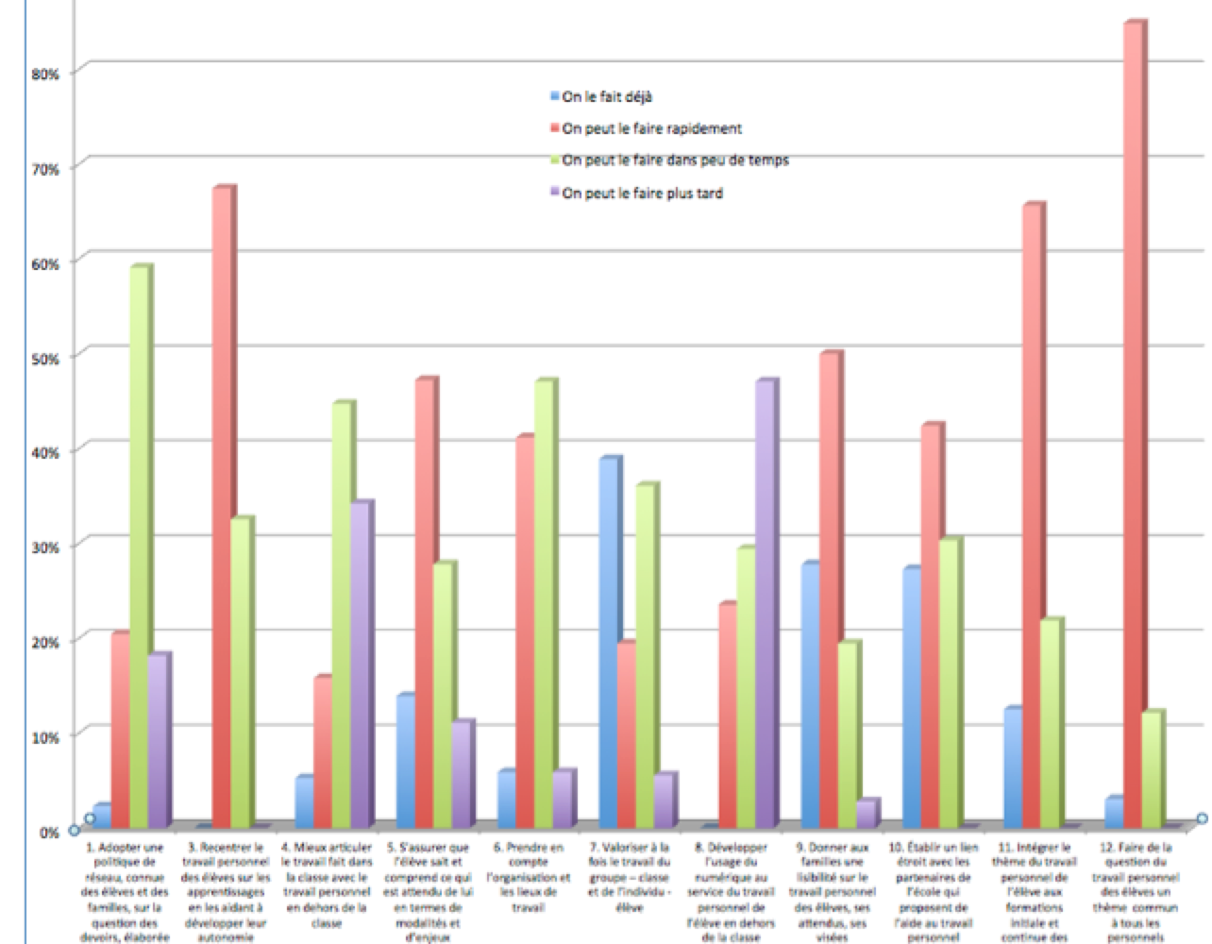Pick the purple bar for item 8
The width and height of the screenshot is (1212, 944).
[765, 604]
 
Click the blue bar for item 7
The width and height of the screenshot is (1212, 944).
[609, 642]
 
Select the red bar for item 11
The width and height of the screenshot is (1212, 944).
[1032, 514]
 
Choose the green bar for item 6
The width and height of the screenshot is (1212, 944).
[545, 604]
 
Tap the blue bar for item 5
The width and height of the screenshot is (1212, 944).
[406, 760]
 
